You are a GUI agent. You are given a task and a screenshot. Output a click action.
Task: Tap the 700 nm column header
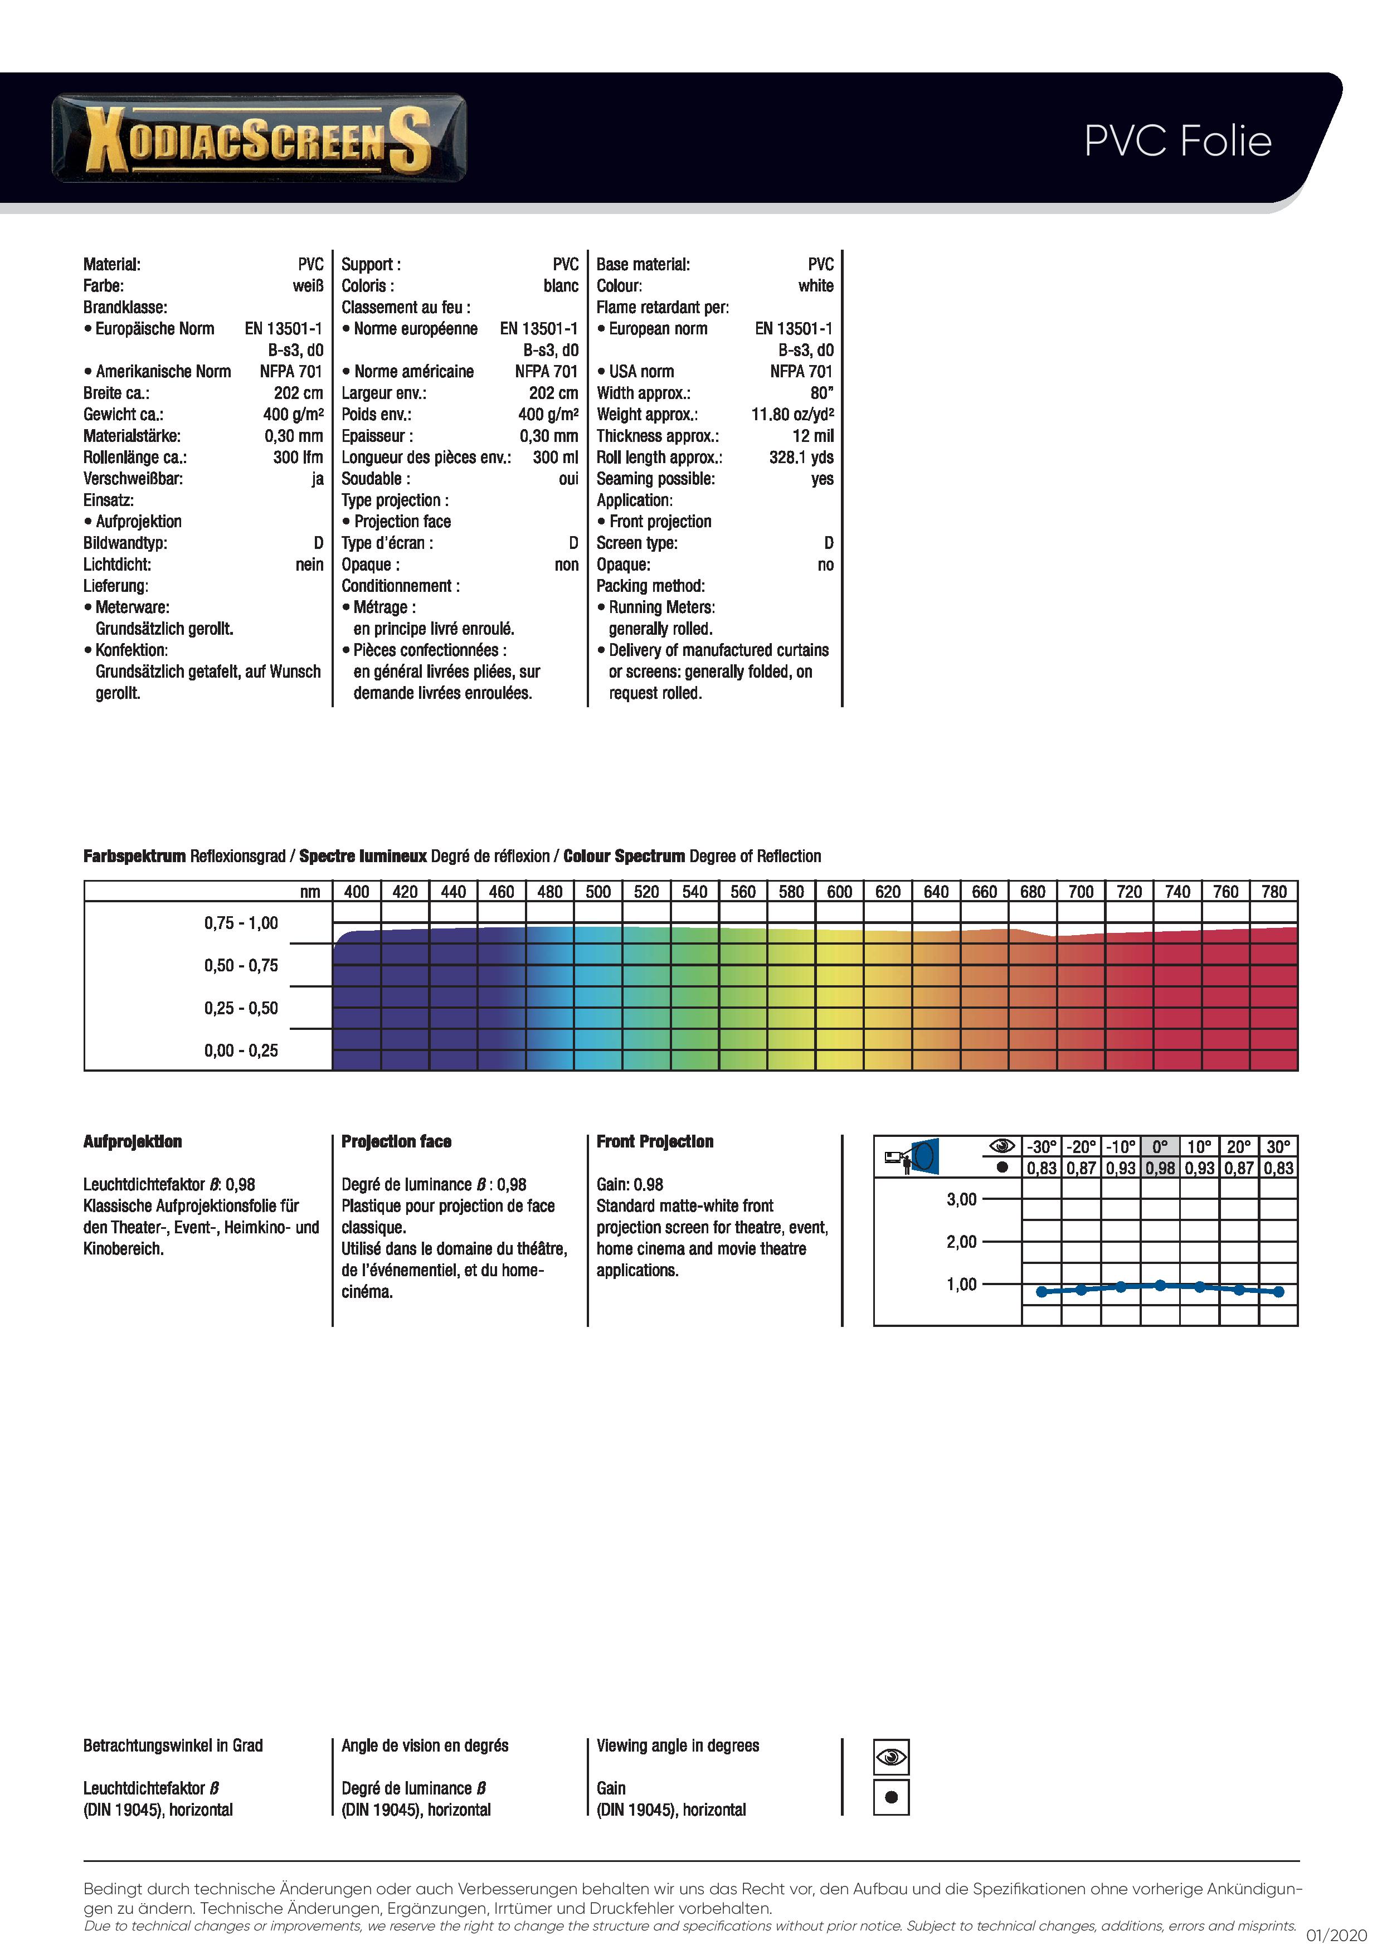coord(1081,892)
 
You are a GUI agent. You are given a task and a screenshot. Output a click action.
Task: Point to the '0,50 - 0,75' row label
coord(241,966)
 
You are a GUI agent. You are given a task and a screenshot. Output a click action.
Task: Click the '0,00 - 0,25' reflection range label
coord(241,1051)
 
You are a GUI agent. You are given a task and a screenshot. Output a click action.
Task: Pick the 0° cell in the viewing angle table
coord(1160,1147)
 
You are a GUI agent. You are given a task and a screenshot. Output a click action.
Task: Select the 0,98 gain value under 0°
coord(1160,1168)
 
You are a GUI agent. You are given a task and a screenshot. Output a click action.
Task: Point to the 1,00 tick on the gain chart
coord(961,1284)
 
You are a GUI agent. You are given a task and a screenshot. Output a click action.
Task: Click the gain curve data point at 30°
coord(1278,1292)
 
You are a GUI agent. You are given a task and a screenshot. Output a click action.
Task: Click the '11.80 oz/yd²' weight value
coord(792,415)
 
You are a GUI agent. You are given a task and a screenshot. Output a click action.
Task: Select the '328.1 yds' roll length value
coord(800,457)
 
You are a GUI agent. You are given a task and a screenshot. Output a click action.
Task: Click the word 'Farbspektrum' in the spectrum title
coord(134,857)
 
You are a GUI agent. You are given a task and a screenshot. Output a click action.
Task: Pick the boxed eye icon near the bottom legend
coord(892,1757)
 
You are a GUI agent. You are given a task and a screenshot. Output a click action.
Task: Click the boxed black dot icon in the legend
coord(892,1797)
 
